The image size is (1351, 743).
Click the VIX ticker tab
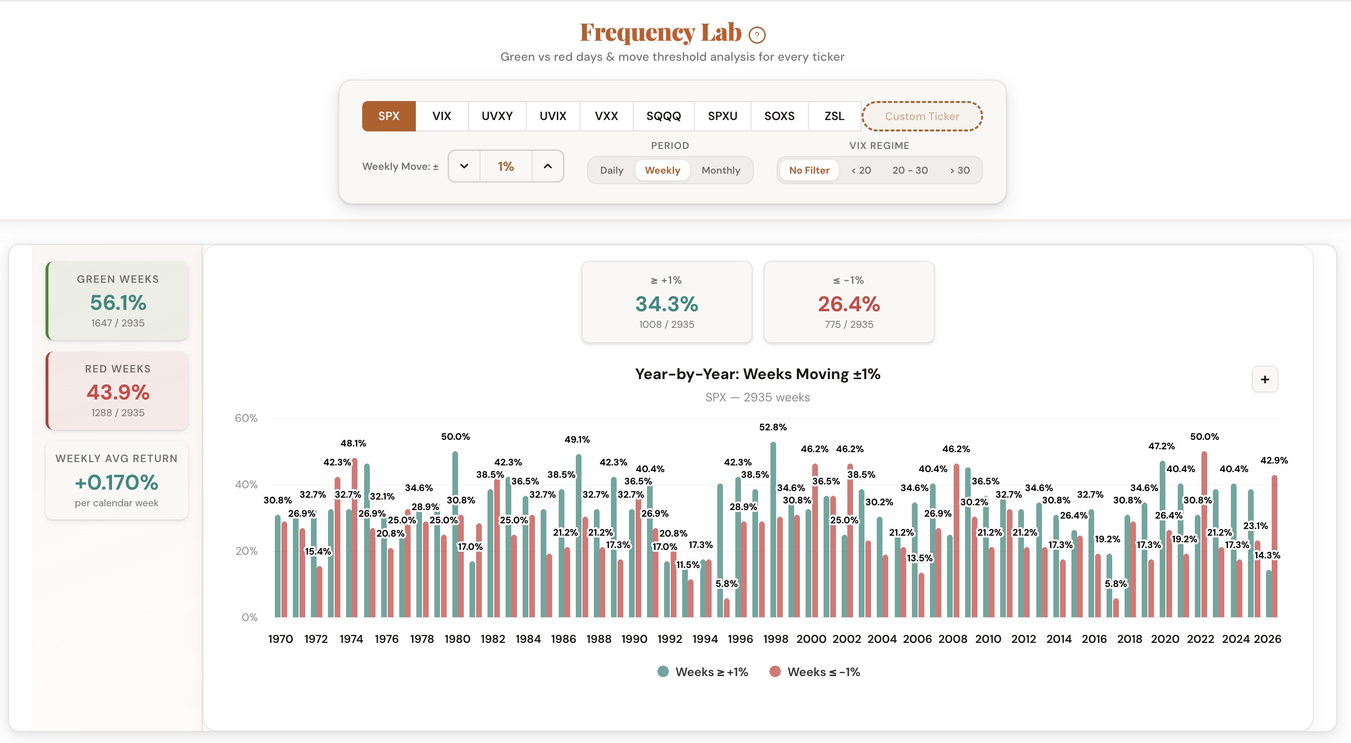(x=441, y=116)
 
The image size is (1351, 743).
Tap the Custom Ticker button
(x=921, y=116)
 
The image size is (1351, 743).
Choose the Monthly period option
(x=721, y=170)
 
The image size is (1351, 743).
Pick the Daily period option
(x=611, y=170)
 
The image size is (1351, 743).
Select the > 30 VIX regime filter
(x=959, y=170)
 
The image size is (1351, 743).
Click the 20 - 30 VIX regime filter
(x=910, y=170)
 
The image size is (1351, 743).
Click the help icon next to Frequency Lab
(x=757, y=35)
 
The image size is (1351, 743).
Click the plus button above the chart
(x=1265, y=379)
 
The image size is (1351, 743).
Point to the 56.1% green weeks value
(x=118, y=303)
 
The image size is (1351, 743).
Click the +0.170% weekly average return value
(x=116, y=483)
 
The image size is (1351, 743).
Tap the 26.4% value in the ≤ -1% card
(x=849, y=304)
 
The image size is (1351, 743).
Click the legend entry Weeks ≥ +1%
(x=703, y=672)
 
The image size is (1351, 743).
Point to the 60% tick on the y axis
(x=246, y=418)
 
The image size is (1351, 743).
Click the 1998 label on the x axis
(x=775, y=639)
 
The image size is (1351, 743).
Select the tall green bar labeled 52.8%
(x=773, y=529)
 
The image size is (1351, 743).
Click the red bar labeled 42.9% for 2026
(x=1274, y=545)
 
